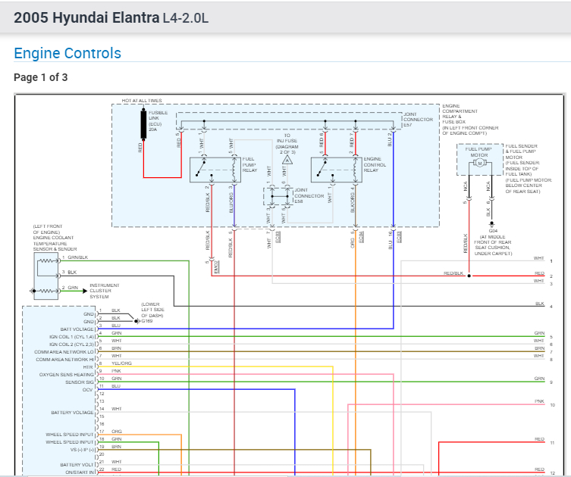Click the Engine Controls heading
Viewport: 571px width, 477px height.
click(x=67, y=54)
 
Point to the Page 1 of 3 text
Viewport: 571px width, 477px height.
click(x=41, y=77)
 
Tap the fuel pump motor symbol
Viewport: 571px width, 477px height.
click(x=478, y=164)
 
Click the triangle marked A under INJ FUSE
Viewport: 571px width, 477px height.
click(x=287, y=161)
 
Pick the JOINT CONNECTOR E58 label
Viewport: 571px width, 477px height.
click(x=313, y=195)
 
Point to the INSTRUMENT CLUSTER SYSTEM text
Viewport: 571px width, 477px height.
click(x=105, y=290)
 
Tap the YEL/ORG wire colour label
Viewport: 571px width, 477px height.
click(x=122, y=363)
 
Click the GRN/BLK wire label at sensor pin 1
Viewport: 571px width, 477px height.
click(x=78, y=258)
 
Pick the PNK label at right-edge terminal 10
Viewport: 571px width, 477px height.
click(x=539, y=401)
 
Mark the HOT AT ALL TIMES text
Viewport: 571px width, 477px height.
click(x=142, y=101)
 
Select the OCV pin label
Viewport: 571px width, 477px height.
click(x=89, y=390)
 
